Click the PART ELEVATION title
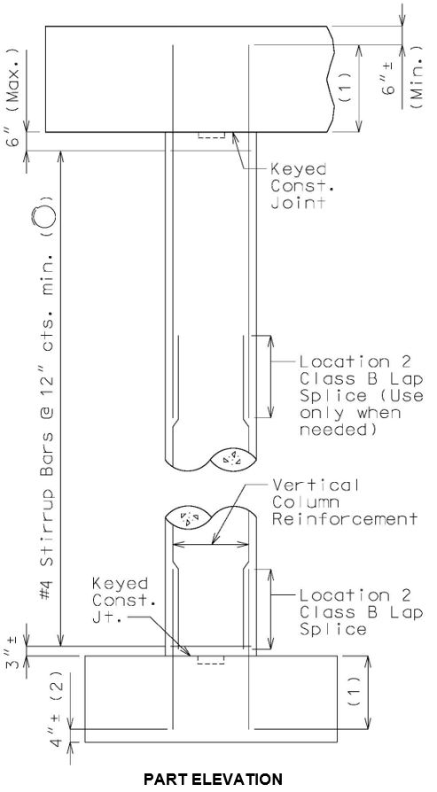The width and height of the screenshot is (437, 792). click(x=213, y=779)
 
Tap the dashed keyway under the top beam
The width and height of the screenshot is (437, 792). click(x=211, y=135)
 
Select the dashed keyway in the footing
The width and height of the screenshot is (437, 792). click(x=211, y=660)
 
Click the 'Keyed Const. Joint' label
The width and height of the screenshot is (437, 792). click(x=298, y=186)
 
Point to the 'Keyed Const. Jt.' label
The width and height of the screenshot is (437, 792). click(x=121, y=601)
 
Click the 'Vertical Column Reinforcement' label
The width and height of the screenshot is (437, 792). click(x=345, y=502)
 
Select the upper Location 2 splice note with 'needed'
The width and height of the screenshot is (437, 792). click(x=362, y=395)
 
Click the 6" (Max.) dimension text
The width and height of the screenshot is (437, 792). click(x=16, y=96)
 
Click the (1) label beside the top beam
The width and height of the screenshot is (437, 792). click(x=344, y=88)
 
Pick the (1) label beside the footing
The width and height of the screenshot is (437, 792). click(x=355, y=692)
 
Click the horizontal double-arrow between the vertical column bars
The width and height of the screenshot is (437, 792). click(x=211, y=544)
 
